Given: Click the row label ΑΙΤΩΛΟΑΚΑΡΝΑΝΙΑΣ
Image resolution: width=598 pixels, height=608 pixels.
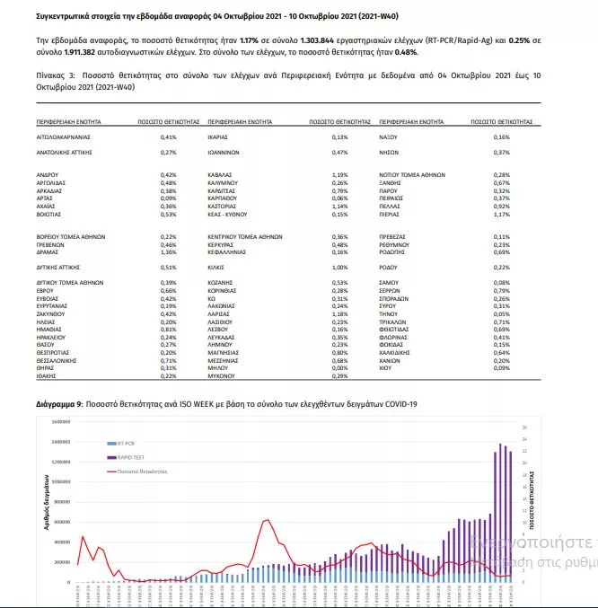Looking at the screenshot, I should pos(65,137).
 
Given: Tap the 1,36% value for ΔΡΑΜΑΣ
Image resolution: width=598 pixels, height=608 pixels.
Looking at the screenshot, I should pos(168,253).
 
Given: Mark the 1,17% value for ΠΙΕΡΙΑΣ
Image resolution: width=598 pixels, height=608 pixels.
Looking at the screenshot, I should pos(501,214).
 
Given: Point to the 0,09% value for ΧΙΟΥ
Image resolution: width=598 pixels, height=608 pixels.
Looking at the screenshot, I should pos(501,368).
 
